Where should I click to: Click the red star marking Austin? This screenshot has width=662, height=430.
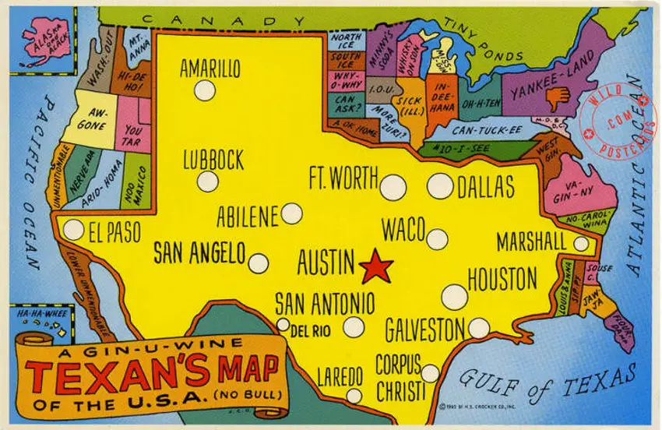[376, 266]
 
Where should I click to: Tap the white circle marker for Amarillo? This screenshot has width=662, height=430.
[204, 90]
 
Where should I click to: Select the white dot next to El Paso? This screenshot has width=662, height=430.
[73, 230]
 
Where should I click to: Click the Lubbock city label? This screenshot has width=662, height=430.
[213, 160]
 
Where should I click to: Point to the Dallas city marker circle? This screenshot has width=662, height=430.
[440, 185]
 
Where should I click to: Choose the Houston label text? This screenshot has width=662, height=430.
[502, 279]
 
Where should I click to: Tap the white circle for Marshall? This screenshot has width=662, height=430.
[581, 244]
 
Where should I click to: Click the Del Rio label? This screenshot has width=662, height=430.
[310, 330]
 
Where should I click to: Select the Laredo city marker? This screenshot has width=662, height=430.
[354, 396]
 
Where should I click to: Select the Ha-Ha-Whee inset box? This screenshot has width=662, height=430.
[39, 322]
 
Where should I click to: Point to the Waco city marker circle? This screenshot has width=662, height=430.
[438, 238]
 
